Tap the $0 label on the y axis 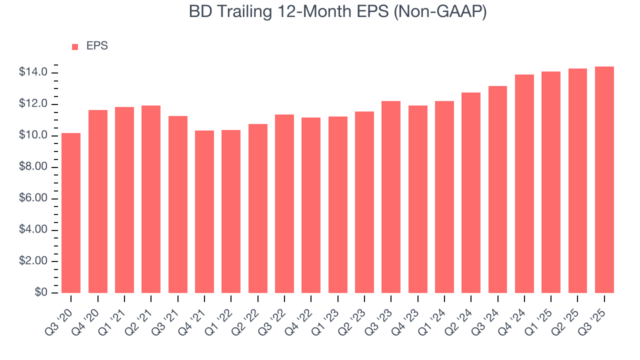coord(40,293)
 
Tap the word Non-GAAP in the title coord(440,12)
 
